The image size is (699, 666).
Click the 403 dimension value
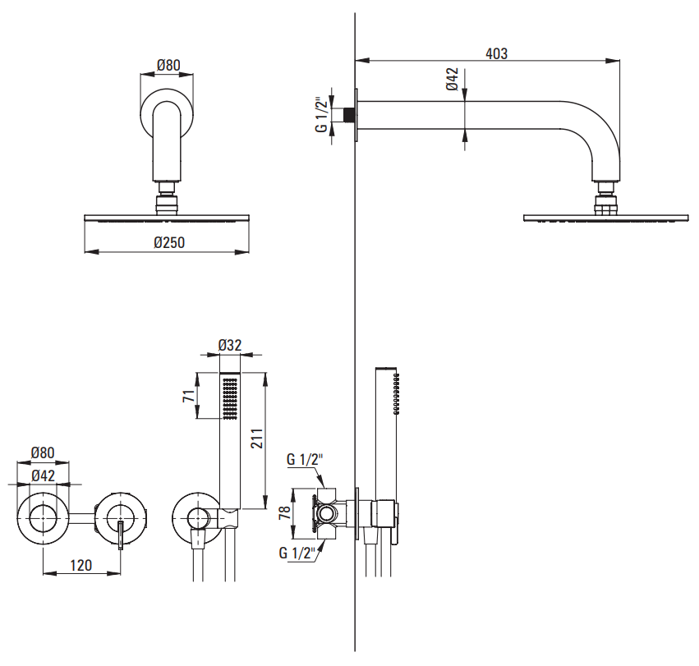point(496,53)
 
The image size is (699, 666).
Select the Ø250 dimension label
point(169,242)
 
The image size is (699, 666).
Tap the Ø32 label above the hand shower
point(230,346)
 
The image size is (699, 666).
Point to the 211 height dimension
point(256,439)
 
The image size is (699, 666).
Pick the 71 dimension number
point(189,397)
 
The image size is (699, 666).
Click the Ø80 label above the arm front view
point(168,65)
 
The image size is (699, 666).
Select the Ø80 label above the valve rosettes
point(43,452)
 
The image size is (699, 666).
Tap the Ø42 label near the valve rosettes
point(43,475)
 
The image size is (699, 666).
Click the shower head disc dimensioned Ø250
point(168,218)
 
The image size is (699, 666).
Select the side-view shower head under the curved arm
point(606,218)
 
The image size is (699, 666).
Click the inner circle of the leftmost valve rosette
point(43,518)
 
